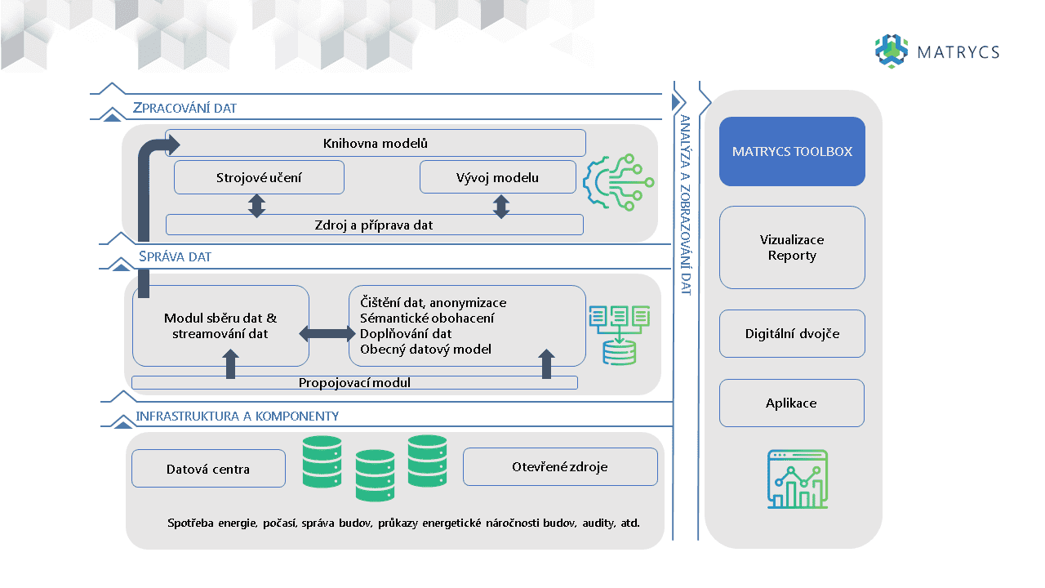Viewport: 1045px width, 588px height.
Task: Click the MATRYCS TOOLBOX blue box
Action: click(791, 152)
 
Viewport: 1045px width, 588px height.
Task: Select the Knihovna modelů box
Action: click(376, 143)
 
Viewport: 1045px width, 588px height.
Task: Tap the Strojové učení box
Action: click(259, 177)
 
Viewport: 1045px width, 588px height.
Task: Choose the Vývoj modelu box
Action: click(497, 177)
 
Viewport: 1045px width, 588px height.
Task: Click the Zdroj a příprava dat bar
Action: click(374, 225)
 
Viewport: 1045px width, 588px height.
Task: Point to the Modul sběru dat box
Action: click(220, 326)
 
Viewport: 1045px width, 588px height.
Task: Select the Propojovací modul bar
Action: click(354, 382)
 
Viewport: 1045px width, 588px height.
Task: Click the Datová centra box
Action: click(208, 469)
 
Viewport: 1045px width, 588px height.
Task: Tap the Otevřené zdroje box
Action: click(559, 467)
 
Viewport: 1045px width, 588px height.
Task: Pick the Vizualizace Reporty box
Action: click(791, 247)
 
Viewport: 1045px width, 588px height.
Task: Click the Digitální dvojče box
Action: click(791, 333)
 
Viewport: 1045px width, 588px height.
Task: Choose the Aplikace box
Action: click(791, 403)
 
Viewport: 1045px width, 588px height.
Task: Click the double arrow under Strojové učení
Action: click(257, 205)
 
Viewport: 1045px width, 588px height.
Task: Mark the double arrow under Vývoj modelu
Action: click(501, 205)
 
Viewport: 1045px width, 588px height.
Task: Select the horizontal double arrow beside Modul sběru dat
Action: click(328, 333)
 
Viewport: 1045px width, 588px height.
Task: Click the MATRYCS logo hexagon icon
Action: click(892, 51)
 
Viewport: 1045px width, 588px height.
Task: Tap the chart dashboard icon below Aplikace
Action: click(798, 479)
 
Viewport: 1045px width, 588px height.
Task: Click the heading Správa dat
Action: click(175, 256)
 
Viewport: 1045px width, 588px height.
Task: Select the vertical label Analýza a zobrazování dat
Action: click(686, 204)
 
